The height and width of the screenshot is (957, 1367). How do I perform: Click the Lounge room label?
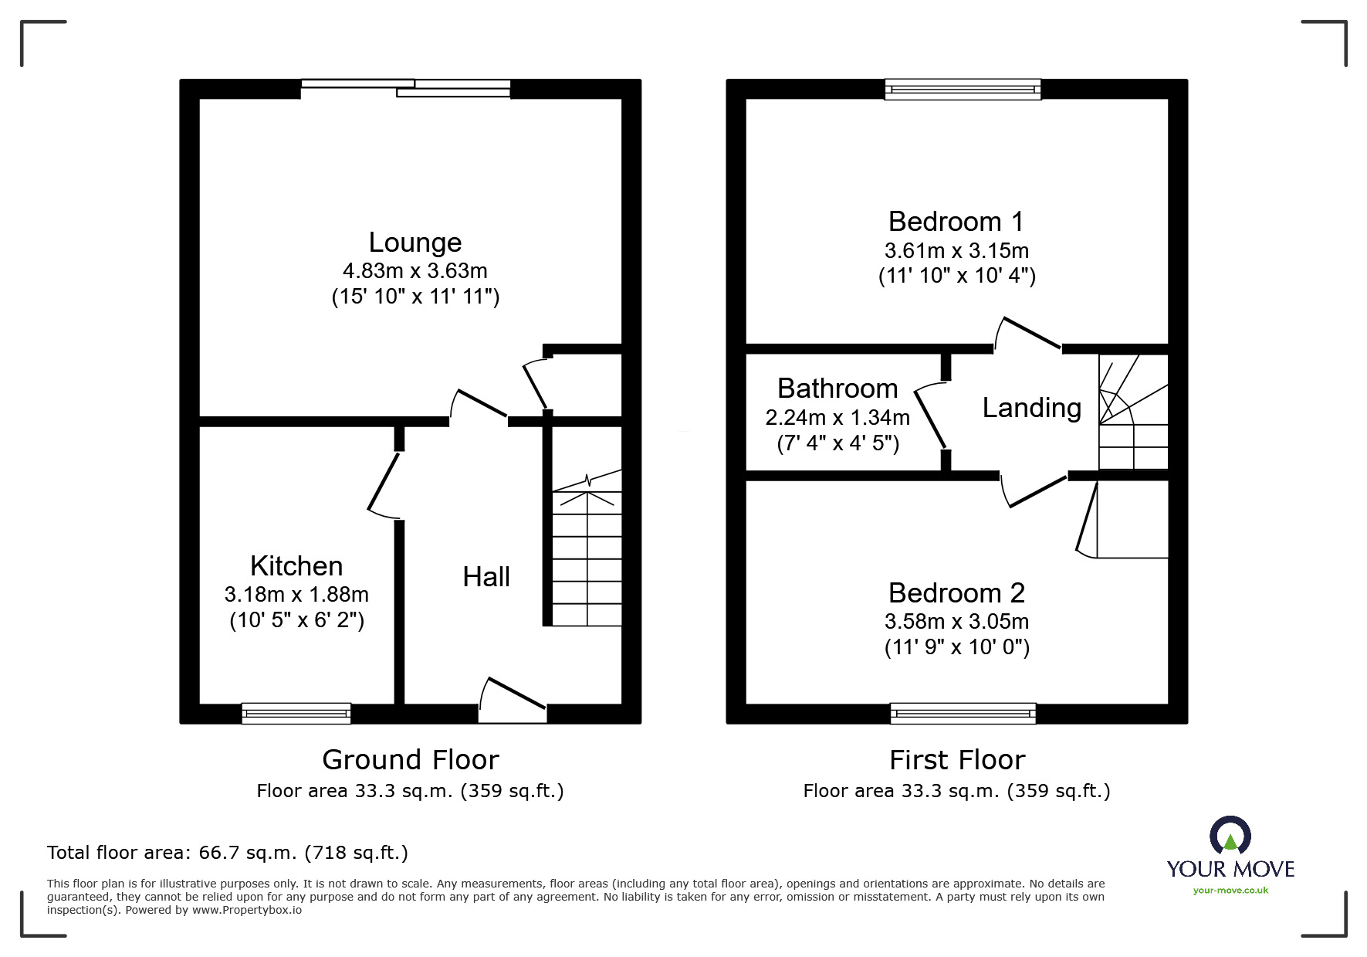414,243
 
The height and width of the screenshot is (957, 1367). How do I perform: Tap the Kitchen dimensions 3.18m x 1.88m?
296,595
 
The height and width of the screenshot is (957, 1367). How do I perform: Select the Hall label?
486,577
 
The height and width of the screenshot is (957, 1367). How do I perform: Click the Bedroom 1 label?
956,222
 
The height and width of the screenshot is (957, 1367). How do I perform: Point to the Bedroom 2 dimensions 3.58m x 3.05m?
956,622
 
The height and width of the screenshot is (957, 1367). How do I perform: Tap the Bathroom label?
837,389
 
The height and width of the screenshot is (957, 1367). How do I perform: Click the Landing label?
1031,408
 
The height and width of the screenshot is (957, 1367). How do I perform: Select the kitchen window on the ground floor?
296,713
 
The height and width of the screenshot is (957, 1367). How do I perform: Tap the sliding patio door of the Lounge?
406,88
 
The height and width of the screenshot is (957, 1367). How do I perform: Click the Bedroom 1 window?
963,89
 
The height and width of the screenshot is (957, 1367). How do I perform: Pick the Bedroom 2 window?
963,713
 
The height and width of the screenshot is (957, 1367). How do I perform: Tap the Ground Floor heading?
410,760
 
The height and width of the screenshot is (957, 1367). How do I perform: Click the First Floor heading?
956,760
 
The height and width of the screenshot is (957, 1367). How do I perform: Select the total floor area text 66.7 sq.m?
228,853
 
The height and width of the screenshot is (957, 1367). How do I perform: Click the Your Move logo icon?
1230,837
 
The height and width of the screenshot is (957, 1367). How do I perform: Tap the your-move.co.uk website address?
1230,891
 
